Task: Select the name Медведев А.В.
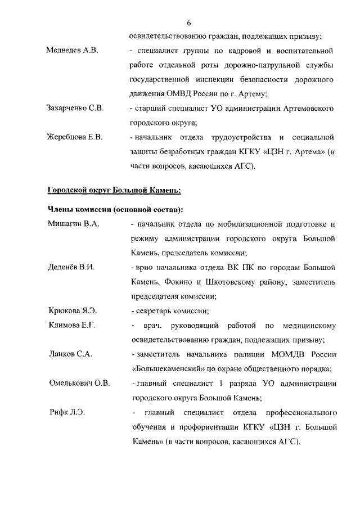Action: (x=72, y=51)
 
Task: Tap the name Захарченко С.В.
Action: (x=75, y=107)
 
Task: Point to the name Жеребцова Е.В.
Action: (x=74, y=137)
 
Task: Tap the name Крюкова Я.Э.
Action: (x=71, y=310)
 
